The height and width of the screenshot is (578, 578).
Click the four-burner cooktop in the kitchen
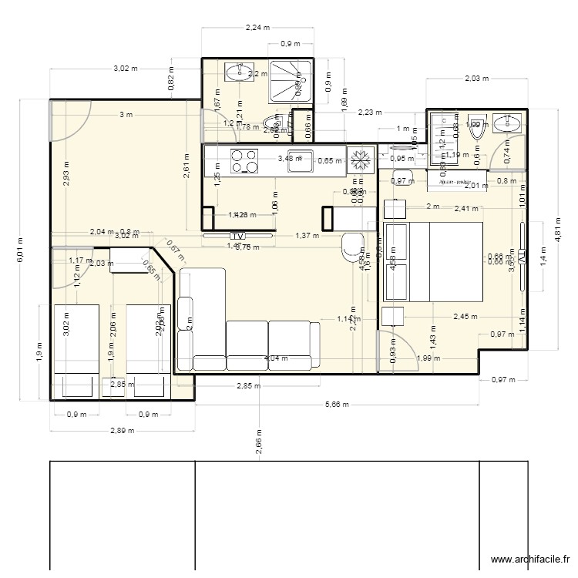click(x=245, y=161)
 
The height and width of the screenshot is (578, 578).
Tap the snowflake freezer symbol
click(x=358, y=160)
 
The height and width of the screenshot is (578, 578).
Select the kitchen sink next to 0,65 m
click(x=299, y=160)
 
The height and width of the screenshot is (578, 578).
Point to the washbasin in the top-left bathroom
click(x=237, y=73)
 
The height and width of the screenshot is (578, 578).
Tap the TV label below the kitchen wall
click(x=237, y=235)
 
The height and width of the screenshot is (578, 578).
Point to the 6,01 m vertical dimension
click(x=21, y=249)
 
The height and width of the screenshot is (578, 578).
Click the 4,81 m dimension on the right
click(x=556, y=234)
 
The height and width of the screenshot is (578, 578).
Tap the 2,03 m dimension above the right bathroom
click(x=477, y=78)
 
